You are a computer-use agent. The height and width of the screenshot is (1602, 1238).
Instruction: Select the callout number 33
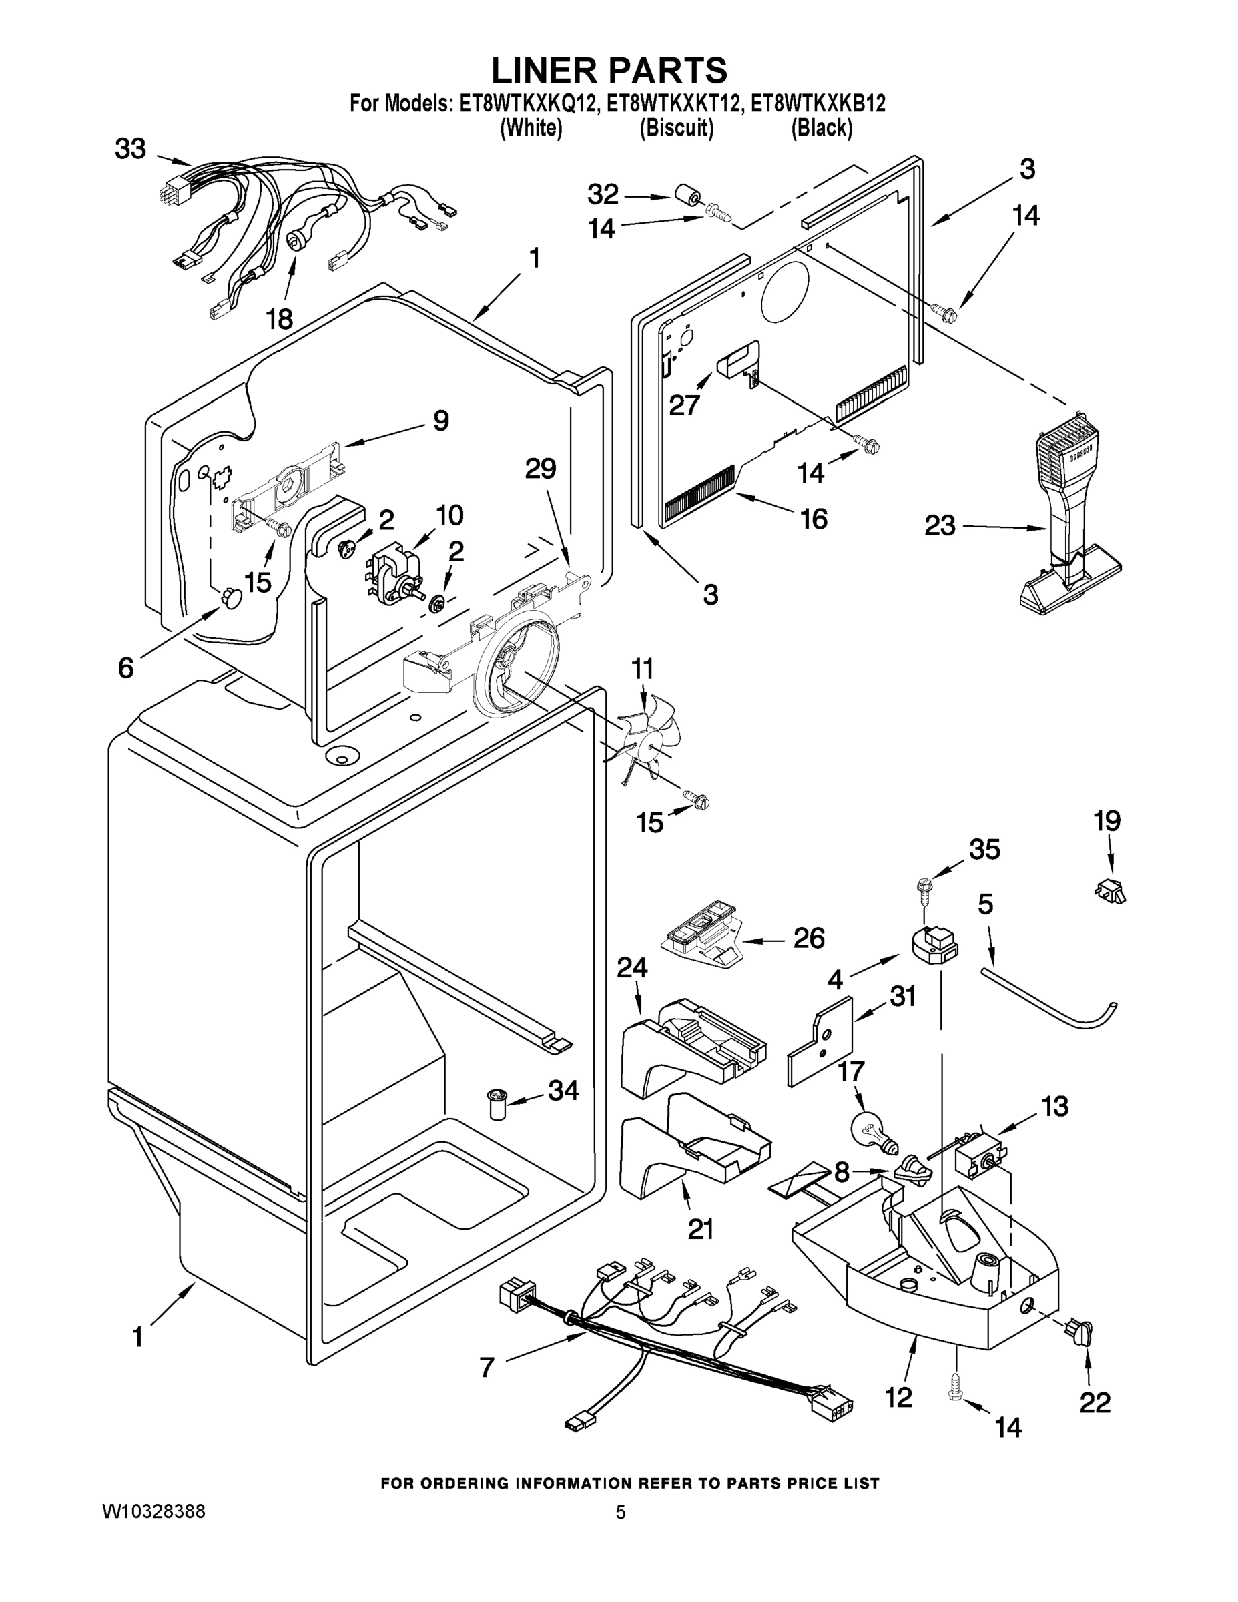[131, 150]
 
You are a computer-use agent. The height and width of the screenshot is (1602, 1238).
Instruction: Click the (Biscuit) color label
[676, 128]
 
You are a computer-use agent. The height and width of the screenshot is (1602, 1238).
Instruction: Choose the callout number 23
[940, 525]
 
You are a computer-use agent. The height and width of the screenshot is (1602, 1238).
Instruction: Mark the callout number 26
[809, 937]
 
